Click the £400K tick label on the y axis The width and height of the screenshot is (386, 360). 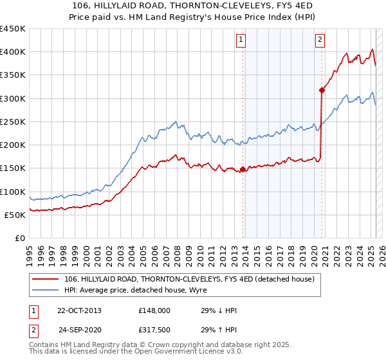[13, 52]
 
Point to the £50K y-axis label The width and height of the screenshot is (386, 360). [15, 215]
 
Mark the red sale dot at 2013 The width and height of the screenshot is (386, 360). [243, 170]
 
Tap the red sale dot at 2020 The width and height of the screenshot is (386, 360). [322, 91]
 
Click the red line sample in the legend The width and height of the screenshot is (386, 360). [45, 278]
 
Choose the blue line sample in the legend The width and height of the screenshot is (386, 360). [45, 290]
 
